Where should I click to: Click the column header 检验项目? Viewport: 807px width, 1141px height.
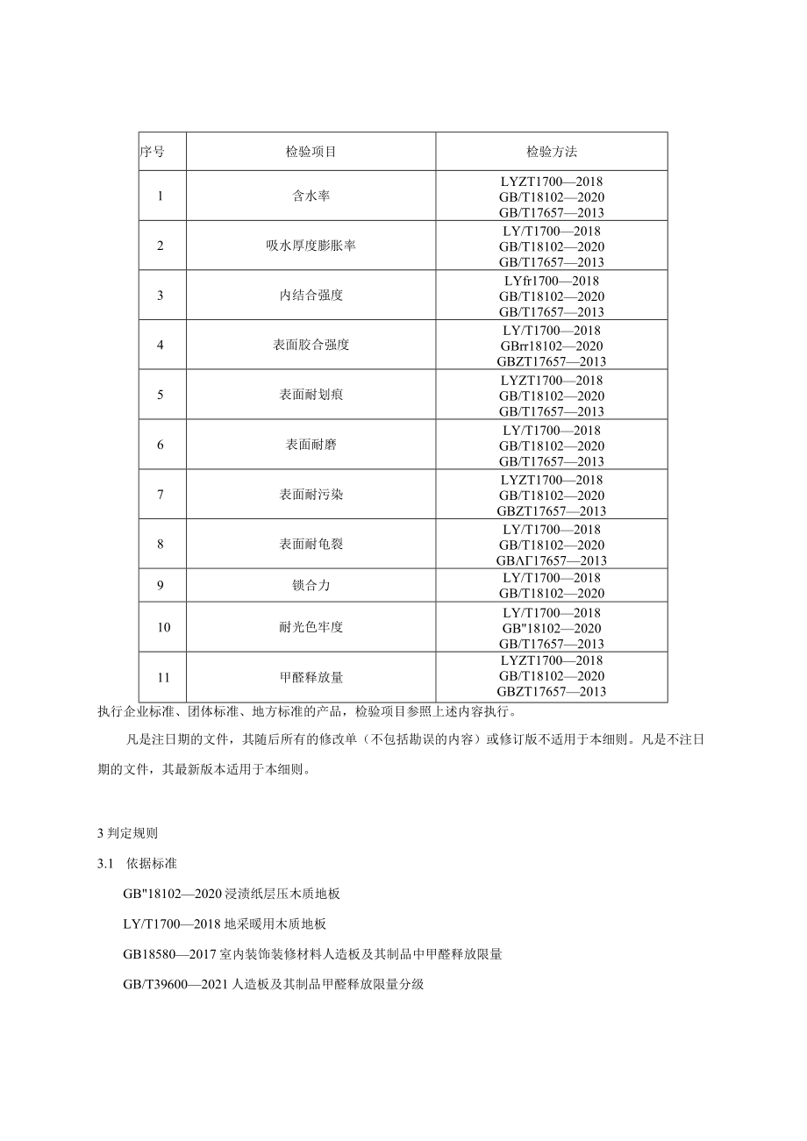311,152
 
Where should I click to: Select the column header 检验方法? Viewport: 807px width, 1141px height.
552,152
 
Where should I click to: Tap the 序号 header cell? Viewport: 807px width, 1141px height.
152,152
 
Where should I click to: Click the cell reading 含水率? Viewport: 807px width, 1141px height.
311,196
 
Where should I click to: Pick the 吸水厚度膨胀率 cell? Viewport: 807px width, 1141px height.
311,246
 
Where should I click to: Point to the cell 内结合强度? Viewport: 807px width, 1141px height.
311,296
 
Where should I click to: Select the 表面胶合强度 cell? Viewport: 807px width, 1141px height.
311,346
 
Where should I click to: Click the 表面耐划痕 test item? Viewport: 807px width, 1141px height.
311,396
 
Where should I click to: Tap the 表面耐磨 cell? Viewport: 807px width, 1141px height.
311,446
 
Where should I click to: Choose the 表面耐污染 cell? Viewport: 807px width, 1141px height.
311,495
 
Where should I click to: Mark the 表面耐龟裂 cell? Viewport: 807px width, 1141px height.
311,545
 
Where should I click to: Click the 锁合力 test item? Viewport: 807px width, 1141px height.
311,585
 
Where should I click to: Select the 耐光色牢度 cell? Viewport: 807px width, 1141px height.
311,628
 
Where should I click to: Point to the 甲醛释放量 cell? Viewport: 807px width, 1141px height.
311,677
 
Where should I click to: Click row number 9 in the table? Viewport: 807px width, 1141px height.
161,585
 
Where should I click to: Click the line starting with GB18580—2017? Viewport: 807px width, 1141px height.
312,954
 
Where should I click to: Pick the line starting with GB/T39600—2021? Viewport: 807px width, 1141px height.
274,984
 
